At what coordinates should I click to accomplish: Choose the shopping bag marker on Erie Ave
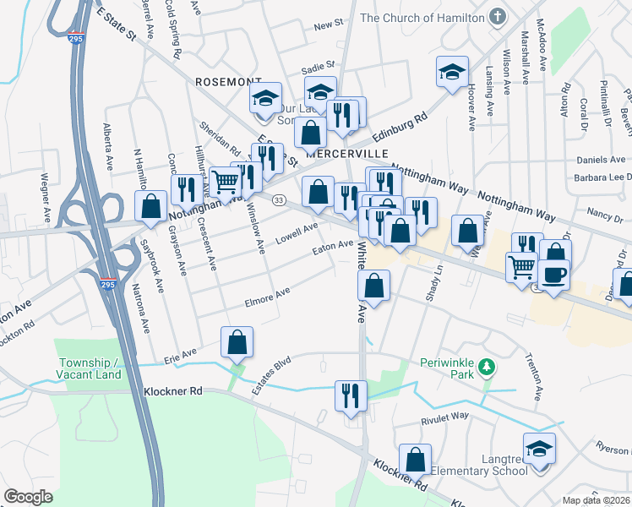237,342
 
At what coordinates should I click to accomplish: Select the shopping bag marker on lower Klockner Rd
415,459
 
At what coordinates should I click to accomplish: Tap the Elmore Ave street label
267,297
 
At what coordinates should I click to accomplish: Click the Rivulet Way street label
444,417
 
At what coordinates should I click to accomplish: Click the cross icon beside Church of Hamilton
497,17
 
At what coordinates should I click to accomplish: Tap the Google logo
29,497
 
